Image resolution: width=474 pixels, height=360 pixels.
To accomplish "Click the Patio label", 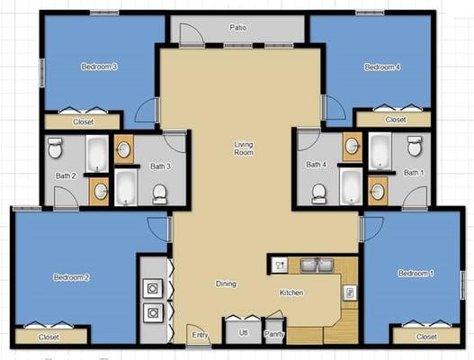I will [237, 28].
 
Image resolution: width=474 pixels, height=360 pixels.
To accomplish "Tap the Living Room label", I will [243, 148].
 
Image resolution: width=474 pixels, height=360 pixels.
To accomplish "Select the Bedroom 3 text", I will [99, 67].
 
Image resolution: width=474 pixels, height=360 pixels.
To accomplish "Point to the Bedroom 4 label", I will [381, 67].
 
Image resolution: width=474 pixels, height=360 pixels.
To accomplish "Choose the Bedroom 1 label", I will [416, 273].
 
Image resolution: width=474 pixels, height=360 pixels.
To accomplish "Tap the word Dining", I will [226, 284].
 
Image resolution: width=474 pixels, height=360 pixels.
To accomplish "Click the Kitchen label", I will [291, 292].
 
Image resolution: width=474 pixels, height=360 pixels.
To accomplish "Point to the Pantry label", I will [274, 335].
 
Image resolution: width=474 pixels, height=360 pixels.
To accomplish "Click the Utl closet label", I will [243, 333].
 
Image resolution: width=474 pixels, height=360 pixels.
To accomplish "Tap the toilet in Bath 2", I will [55, 147].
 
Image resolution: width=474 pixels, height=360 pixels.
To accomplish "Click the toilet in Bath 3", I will [160, 193].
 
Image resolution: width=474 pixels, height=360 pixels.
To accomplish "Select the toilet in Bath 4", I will [318, 193].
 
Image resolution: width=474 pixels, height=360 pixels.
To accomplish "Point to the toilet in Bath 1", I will [415, 146].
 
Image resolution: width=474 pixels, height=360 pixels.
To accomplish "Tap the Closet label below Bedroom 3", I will [82, 121].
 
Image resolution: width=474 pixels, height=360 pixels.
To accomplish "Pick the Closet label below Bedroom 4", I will [395, 119].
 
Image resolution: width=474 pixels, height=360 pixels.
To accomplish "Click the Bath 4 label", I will [316, 165].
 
